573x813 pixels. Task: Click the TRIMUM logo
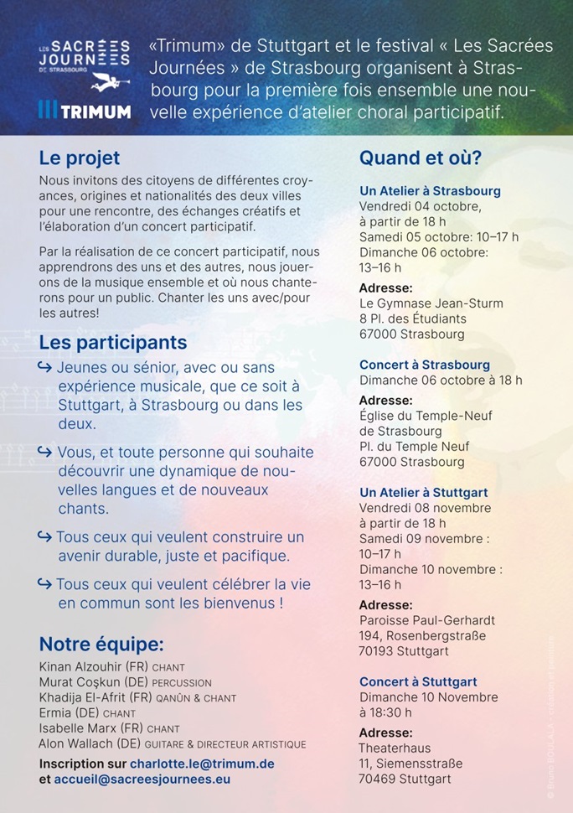[x=85, y=111]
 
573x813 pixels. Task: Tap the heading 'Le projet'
[x=80, y=158]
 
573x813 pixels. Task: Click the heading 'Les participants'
[x=113, y=343]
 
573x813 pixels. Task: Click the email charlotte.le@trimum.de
[x=202, y=764]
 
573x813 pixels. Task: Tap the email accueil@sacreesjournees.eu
[x=142, y=779]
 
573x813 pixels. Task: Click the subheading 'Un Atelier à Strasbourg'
[x=430, y=191]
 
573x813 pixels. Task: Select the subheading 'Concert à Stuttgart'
[x=418, y=681]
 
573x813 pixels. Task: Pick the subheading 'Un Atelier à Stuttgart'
[x=423, y=493]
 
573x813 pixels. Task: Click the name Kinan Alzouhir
[x=80, y=666]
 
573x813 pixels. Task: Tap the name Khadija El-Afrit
[x=83, y=697]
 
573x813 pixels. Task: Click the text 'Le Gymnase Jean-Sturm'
[x=424, y=303]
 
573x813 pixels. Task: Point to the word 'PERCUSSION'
[x=182, y=682]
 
